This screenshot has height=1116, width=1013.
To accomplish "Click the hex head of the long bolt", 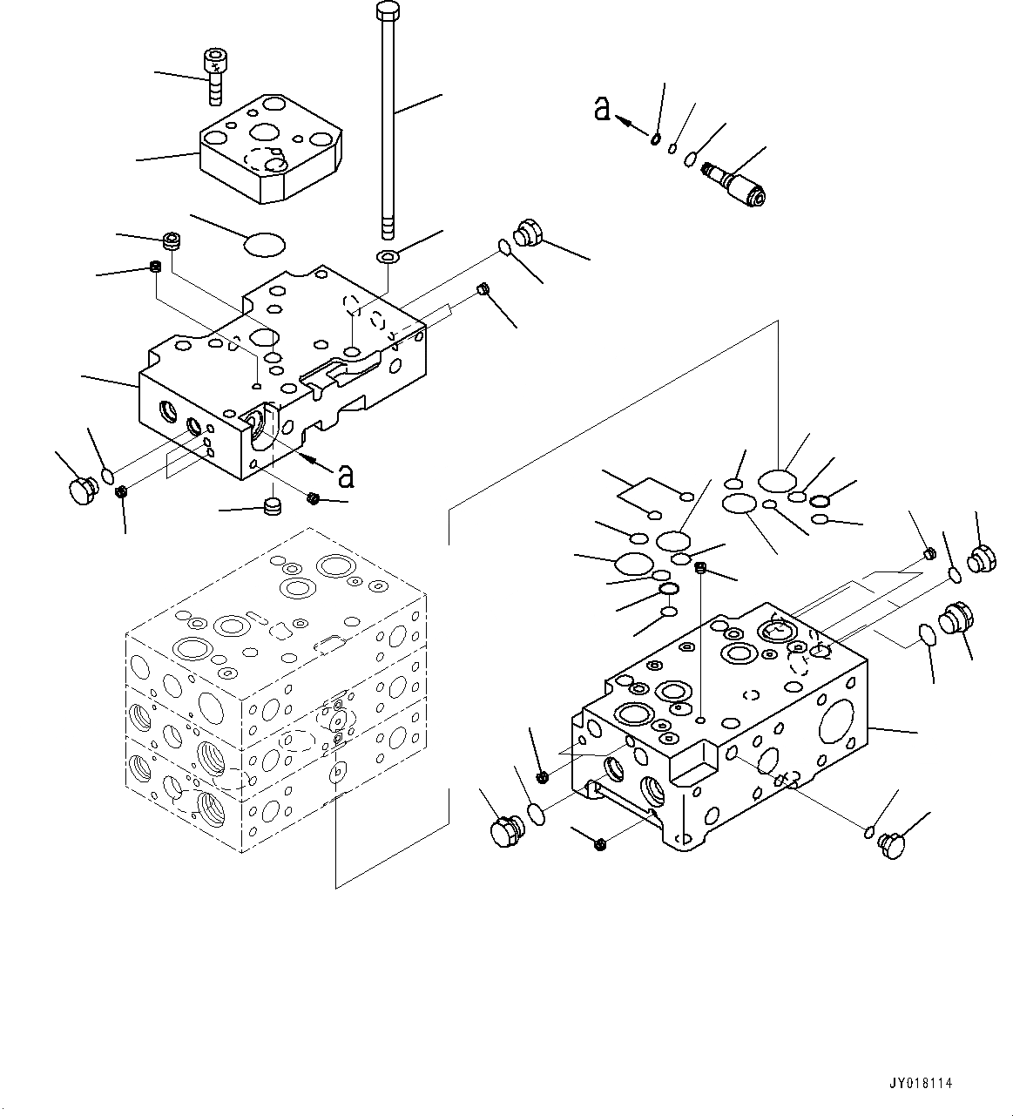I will point(387,10).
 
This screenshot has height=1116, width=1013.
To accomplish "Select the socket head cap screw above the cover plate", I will point(213,75).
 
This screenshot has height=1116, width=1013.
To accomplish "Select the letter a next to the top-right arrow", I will point(602,109).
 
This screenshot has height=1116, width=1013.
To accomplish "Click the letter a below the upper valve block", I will point(346,476).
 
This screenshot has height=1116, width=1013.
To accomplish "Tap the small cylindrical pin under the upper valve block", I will point(274,506).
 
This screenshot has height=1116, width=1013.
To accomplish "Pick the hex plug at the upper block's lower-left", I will point(82,489).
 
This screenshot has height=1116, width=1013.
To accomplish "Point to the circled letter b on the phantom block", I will point(339,772).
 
